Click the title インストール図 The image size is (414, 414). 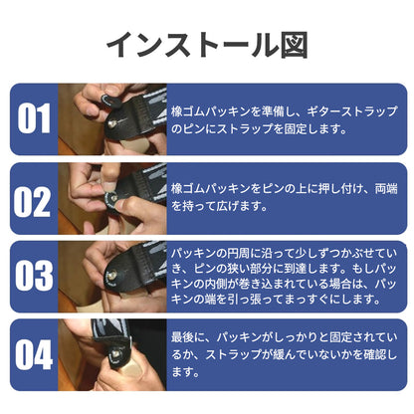point(207,45)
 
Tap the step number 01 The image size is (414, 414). point(34,118)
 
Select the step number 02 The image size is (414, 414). point(32,201)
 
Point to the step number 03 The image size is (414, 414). point(34,276)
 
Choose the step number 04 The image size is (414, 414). point(34,354)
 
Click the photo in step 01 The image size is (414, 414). point(112,119)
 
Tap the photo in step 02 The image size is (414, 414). point(112,198)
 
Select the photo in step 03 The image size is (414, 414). point(112,277)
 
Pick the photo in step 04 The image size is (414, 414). point(112,354)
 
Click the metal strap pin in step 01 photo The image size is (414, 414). point(112,124)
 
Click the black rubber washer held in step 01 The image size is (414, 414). point(105,100)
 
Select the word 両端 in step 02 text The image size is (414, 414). point(386,189)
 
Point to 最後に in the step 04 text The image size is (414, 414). point(188,337)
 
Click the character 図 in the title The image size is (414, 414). point(295,46)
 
